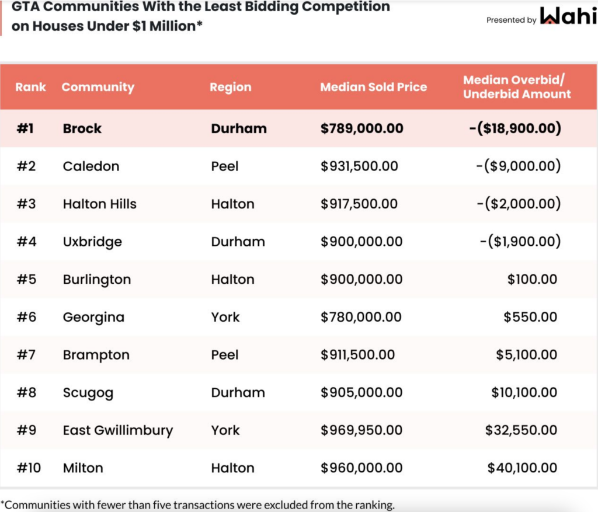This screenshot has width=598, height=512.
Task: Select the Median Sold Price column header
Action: (x=373, y=87)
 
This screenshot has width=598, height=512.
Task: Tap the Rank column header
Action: (x=30, y=87)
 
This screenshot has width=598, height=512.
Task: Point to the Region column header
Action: (x=230, y=87)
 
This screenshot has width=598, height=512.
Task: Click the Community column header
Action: (x=98, y=87)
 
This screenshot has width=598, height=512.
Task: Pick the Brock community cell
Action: (x=82, y=128)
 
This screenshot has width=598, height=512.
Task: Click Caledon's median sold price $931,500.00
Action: (x=359, y=166)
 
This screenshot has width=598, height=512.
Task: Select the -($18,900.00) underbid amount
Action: (x=515, y=128)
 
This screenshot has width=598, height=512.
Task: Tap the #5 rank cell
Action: (x=26, y=280)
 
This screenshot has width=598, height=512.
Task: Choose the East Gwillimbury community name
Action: (x=118, y=430)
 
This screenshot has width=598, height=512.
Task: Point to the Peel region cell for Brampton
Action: (x=225, y=355)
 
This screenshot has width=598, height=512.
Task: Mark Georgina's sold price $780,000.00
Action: (x=361, y=317)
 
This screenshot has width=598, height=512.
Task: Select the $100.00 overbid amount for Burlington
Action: (x=532, y=280)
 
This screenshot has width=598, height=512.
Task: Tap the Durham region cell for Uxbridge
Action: (x=238, y=242)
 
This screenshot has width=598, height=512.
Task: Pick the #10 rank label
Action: (x=29, y=468)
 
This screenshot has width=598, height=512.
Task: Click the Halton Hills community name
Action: (x=99, y=204)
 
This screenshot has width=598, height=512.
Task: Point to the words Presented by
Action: (x=511, y=20)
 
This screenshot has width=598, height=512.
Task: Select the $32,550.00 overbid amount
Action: (x=521, y=430)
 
